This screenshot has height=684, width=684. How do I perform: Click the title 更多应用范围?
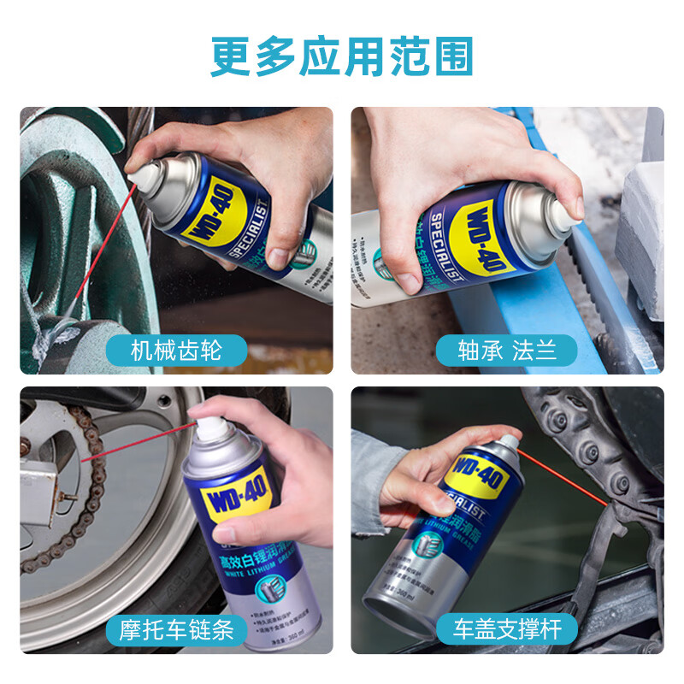[341, 57]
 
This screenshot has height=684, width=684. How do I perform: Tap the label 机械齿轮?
[177, 350]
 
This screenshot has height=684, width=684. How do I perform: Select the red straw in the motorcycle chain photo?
[137, 443]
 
